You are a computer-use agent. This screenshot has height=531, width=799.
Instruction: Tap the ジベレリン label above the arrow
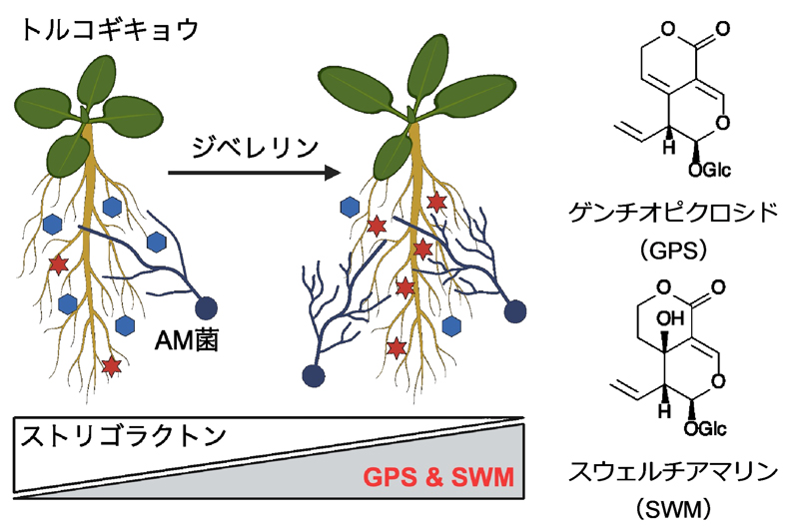[x=256, y=147]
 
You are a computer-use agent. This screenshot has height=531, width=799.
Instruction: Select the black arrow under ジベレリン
[x=250, y=174]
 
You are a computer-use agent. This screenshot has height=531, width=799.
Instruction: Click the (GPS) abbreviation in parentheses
[x=678, y=250]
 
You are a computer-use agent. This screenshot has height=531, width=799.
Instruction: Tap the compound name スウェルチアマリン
[x=678, y=472]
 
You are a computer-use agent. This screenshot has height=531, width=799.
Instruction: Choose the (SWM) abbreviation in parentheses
[x=678, y=509]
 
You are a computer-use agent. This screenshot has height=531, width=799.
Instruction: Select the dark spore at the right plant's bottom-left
[x=315, y=376]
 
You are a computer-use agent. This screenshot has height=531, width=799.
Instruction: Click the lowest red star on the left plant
[x=112, y=363]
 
